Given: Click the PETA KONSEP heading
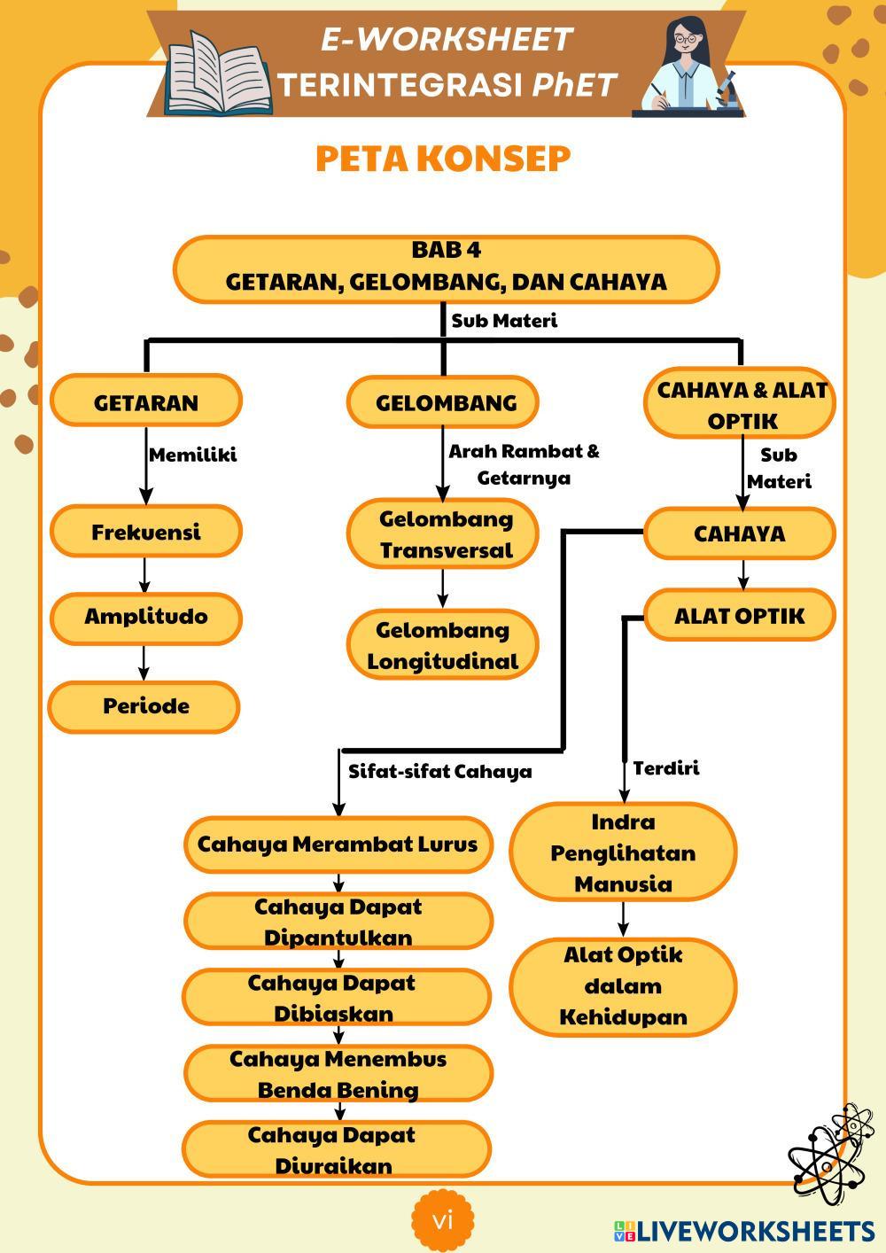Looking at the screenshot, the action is point(443,159).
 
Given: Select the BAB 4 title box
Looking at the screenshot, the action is point(446,269).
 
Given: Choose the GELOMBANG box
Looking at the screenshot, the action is point(442,401).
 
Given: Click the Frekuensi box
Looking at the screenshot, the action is point(146,532).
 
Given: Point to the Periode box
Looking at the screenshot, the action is point(144,707).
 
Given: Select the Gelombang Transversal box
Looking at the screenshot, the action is point(442,533).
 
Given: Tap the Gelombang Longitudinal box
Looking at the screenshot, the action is point(442,644).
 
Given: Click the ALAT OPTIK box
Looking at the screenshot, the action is point(740,615).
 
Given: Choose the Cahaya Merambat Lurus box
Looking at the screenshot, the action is point(338,844).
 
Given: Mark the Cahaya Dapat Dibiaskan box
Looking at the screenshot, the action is point(336,997).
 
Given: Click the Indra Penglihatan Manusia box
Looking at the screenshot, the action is point(623,852).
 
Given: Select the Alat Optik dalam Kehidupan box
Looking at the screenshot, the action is point(623,987).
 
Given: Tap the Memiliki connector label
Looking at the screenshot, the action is point(193,455).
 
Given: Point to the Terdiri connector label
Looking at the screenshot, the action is point(666,768).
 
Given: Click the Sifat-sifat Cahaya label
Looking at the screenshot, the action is point(440,772).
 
